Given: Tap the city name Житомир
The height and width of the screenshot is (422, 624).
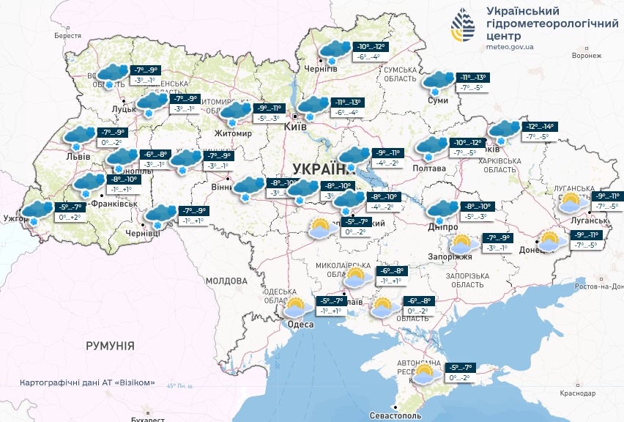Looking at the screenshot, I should [x=232, y=134].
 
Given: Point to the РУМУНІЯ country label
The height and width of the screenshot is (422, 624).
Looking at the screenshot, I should [x=110, y=345].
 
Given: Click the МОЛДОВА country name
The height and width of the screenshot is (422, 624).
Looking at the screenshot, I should [x=226, y=281].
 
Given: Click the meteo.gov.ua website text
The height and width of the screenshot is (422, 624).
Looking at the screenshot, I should [x=510, y=47].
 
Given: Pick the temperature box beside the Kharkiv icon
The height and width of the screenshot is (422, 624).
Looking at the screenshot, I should [x=539, y=131].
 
